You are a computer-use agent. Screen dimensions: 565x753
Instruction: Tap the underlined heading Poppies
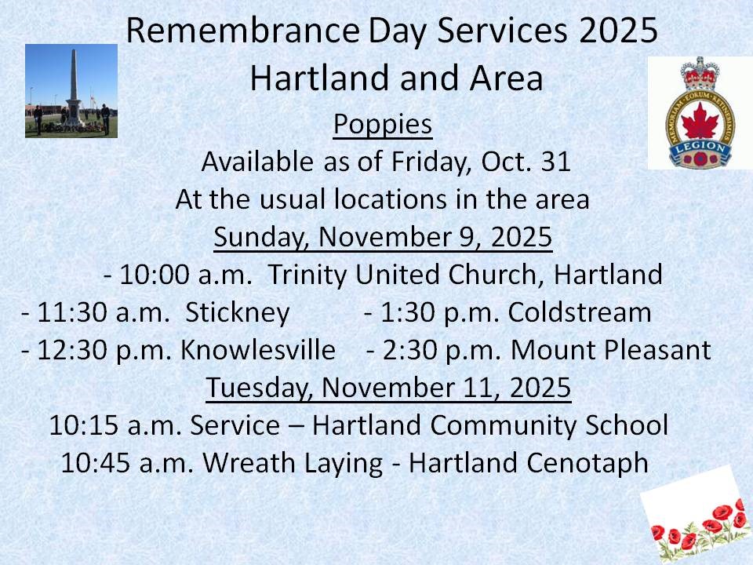click(x=383, y=124)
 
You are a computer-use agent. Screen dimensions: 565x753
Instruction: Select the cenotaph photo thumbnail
click(x=71, y=91)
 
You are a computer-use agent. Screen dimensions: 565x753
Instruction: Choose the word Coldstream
click(x=580, y=312)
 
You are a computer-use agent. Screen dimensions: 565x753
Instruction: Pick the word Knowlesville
click(x=258, y=349)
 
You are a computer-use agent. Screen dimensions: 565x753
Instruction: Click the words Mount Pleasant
click(x=610, y=349)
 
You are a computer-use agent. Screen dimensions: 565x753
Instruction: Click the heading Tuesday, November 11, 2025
click(x=388, y=388)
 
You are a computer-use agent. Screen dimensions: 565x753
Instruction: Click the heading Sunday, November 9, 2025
click(x=384, y=237)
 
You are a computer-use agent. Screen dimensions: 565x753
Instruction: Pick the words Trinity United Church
click(x=410, y=275)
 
